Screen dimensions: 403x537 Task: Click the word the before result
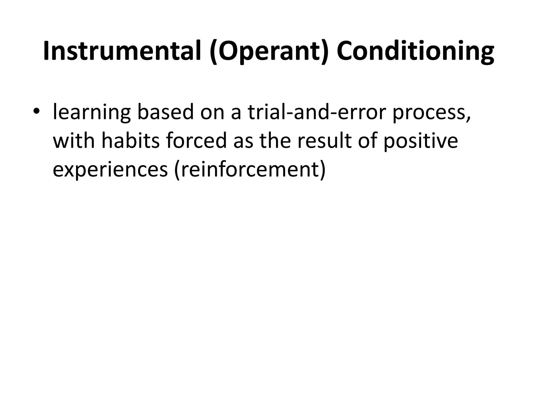[x=275, y=140]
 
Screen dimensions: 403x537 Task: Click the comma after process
[x=468, y=118]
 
